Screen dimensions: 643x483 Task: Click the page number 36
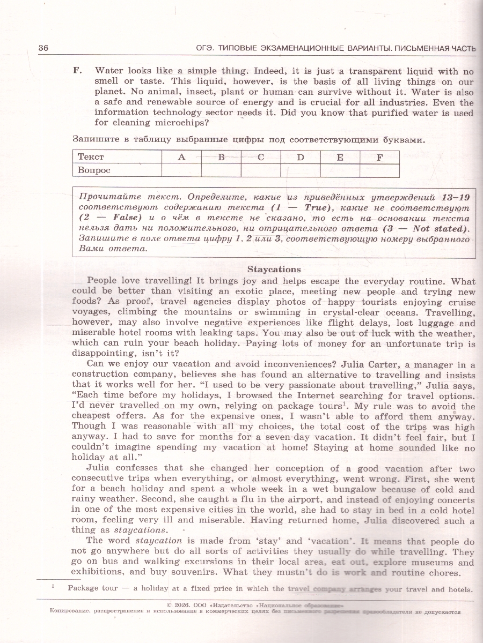(43, 48)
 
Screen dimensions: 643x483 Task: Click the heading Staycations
(274, 270)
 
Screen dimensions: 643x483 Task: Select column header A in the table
(181, 157)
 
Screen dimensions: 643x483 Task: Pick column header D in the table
(300, 157)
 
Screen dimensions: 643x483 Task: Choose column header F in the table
(379, 157)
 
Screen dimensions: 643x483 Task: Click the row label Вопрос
(94, 170)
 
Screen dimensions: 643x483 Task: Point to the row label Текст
(91, 157)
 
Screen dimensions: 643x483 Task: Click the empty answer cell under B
(221, 170)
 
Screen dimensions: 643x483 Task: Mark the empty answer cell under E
(340, 170)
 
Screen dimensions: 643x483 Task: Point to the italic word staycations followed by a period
(143, 530)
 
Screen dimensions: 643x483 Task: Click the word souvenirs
(188, 572)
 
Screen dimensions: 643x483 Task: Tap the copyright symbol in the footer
(169, 604)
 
